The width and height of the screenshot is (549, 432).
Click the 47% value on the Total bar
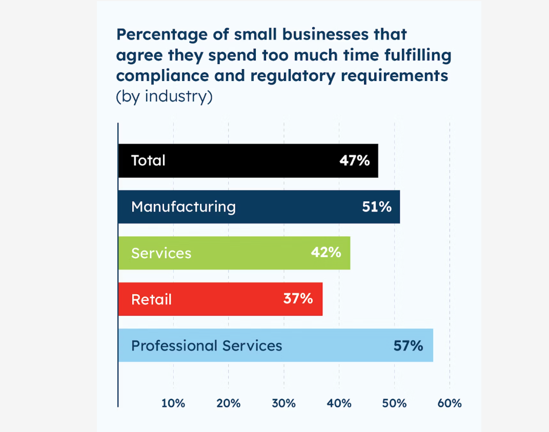click(x=354, y=161)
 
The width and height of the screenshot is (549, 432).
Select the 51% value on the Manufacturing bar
click(x=377, y=207)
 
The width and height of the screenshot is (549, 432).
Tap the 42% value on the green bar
click(x=326, y=252)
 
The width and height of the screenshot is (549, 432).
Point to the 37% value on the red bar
click(x=298, y=299)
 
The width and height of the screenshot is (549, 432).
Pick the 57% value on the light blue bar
click(x=408, y=346)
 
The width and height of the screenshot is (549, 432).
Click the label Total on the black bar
click(x=148, y=161)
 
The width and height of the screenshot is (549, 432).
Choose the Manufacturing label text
click(x=184, y=207)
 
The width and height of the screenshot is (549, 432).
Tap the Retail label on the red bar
click(x=152, y=299)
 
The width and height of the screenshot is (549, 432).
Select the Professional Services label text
click(x=207, y=346)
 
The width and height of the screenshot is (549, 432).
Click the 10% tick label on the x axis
click(x=173, y=403)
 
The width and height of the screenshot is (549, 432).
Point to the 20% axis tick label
click(x=228, y=403)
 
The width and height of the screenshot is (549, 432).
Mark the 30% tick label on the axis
click(x=283, y=403)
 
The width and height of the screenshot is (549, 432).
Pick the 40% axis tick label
click(x=339, y=403)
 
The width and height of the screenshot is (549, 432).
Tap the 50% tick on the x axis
click(x=394, y=403)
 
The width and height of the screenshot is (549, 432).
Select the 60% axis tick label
click(x=450, y=403)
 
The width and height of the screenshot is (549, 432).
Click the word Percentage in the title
click(x=162, y=35)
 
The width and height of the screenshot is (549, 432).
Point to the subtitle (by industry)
click(x=164, y=96)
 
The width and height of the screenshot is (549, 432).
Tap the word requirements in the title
click(x=394, y=76)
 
